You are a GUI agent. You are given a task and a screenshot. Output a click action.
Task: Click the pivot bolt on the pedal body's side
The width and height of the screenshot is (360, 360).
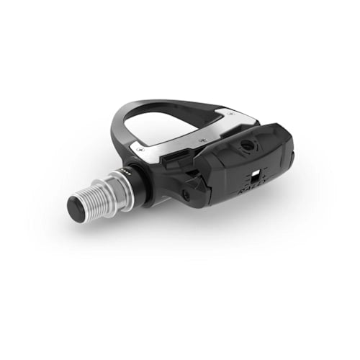pyautogui.click(x=185, y=194)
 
